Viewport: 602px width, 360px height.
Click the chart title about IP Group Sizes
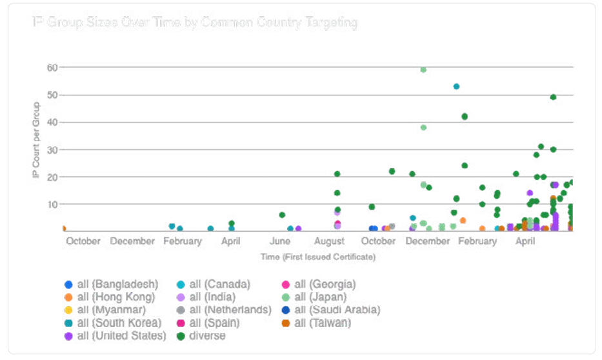tap(194, 23)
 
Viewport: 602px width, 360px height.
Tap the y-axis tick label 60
tap(52, 67)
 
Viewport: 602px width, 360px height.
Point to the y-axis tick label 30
tap(52, 150)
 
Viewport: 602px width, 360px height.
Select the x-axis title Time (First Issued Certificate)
tap(317, 257)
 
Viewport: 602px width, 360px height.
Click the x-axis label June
tap(280, 241)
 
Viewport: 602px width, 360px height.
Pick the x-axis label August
tap(329, 241)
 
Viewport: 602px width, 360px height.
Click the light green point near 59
tap(423, 70)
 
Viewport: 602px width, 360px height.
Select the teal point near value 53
tap(456, 86)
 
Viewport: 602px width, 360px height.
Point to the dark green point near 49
tap(553, 97)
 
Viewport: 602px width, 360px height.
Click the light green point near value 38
tap(423, 127)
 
